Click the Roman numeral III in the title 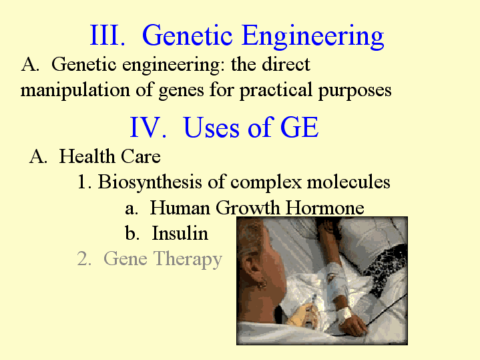[107, 35]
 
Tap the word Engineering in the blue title [312, 37]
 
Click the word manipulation [75, 90]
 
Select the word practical [276, 90]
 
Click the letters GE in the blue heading [299, 127]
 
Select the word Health [87, 156]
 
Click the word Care [140, 156]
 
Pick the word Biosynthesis [150, 182]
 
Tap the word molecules [348, 182]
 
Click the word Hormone [325, 208]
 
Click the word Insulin [180, 233]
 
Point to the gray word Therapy [188, 259]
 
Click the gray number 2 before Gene [83, 258]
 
